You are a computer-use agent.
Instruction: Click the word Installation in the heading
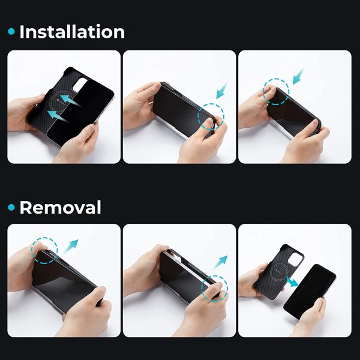pos(72,32)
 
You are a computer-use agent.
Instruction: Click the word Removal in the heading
pos(60,208)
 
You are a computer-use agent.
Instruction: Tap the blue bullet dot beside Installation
pos(11,31)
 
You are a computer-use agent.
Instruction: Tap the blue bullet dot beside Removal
pos(11,208)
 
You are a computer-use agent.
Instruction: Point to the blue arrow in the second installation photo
pos(222,91)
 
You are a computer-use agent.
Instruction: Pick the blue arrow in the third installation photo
pos(298,76)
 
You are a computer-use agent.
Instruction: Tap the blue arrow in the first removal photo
pos(70,247)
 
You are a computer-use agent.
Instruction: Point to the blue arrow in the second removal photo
pos(220,262)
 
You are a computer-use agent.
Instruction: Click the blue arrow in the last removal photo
pos(292,282)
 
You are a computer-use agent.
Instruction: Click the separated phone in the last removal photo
pos(310,292)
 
